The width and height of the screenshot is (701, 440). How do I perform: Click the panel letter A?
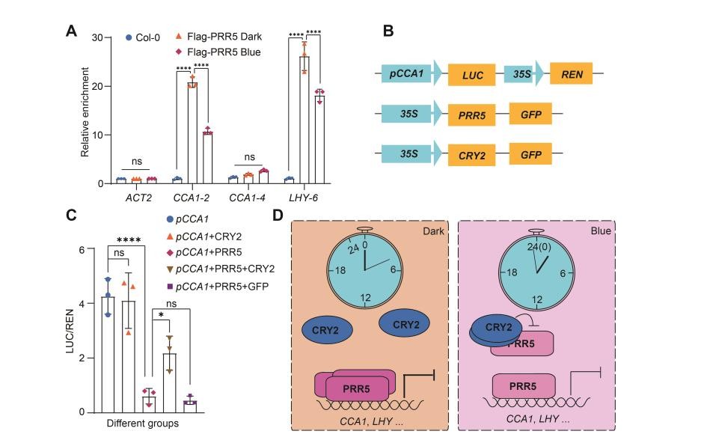tap(72, 31)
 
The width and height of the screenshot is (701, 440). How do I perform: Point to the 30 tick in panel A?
tap(97, 37)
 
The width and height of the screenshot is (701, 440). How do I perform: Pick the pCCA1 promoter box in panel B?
tap(408, 75)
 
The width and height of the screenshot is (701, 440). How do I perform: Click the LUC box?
tap(473, 76)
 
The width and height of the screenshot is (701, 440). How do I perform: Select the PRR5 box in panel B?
tap(473, 115)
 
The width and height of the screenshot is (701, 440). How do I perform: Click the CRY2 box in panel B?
tap(473, 156)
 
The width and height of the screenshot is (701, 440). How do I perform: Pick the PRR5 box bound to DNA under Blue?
tap(524, 387)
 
